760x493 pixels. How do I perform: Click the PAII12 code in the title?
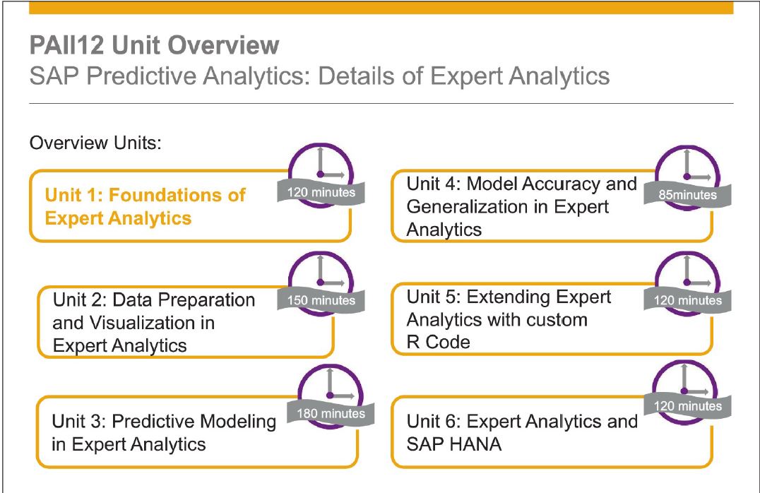(66, 45)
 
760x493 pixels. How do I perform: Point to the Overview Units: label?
(95, 143)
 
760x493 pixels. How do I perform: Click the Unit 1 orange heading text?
(145, 206)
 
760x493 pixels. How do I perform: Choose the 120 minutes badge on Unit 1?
(321, 192)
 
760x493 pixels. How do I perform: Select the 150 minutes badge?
(321, 301)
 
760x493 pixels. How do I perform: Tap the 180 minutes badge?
(331, 413)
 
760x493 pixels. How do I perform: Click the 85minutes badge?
(687, 195)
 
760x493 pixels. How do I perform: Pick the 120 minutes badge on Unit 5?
(687, 301)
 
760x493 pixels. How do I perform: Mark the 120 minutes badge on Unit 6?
(687, 405)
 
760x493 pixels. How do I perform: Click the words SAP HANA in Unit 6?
(454, 444)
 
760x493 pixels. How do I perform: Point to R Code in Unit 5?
(438, 343)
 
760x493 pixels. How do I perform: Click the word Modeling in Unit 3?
(238, 421)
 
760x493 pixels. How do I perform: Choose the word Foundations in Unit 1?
(177, 195)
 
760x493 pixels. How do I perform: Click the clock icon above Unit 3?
(331, 396)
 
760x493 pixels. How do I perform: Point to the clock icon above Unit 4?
(687, 177)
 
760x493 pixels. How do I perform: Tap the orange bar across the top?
(381, 7)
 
